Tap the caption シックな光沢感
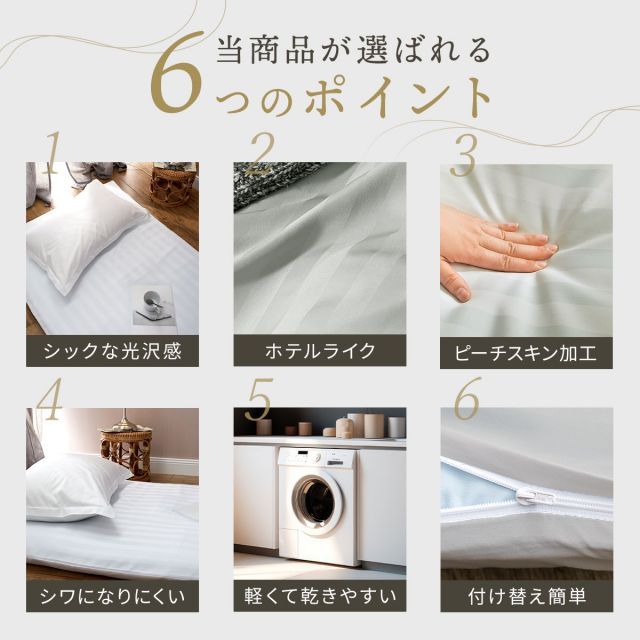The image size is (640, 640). [x=112, y=351]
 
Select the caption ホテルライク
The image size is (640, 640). [x=320, y=351]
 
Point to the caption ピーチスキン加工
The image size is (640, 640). [x=526, y=353]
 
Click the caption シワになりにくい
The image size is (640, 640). [x=112, y=597]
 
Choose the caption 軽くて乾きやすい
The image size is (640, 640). [x=320, y=596]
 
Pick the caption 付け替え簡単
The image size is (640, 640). [x=527, y=596]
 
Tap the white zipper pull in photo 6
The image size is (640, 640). [x=534, y=498]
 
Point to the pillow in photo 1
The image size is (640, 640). [x=86, y=237]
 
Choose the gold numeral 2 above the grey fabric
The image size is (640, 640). [x=260, y=154]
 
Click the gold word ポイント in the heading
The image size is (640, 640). [x=398, y=97]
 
